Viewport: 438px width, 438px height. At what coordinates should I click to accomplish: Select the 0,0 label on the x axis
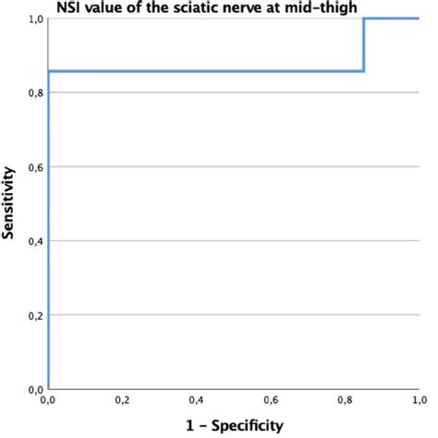pyautogui.click(x=48, y=402)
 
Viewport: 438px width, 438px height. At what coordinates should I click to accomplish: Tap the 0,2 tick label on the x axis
pyautogui.click(x=122, y=402)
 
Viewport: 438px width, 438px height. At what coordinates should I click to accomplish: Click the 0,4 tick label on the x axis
pyautogui.click(x=196, y=402)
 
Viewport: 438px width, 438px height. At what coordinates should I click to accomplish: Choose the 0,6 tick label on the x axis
pyautogui.click(x=270, y=402)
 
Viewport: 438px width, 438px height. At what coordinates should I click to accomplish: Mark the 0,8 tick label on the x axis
pyautogui.click(x=344, y=402)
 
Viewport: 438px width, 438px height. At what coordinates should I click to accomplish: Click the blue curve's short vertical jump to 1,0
pyautogui.click(x=364, y=44)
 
